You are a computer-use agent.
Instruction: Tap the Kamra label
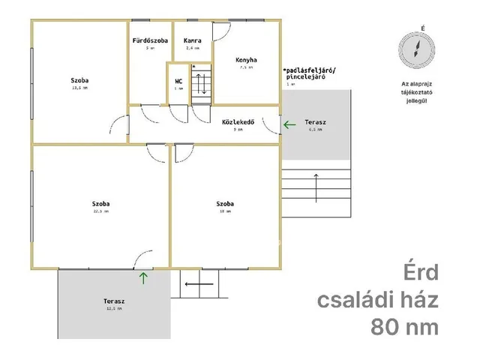pos(192,40)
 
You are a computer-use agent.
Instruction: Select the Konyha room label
pos(246,59)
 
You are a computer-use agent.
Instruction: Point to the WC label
pos(178,81)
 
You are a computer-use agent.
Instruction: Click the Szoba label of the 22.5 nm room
pos(101,203)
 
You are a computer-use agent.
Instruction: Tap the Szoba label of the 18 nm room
pos(224,203)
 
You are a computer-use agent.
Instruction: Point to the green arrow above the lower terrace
pos(143,279)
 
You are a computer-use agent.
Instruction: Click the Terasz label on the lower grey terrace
pos(114,301)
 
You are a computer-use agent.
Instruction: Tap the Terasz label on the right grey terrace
pos(315,121)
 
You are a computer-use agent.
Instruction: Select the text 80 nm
pos(404,327)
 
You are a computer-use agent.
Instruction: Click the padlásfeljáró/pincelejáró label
pos(310,73)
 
